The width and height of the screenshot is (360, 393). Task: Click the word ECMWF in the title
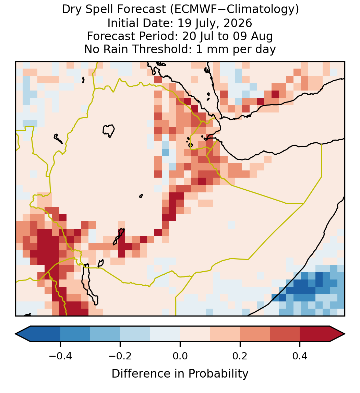pyautogui.click(x=191, y=10)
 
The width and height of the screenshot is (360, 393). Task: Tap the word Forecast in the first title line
pyautogui.click(x=141, y=10)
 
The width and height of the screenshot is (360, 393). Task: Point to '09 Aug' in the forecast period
pyautogui.click(x=253, y=37)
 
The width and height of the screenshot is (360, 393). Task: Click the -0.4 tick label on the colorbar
pyautogui.click(x=60, y=356)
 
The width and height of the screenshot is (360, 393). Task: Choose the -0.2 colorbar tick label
pyautogui.click(x=120, y=356)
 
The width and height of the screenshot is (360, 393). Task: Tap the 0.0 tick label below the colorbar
pyautogui.click(x=180, y=356)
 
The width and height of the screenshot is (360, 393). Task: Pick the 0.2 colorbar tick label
pyautogui.click(x=240, y=356)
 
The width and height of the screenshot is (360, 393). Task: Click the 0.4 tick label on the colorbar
pyautogui.click(x=300, y=356)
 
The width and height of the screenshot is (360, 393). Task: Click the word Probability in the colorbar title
pyautogui.click(x=218, y=374)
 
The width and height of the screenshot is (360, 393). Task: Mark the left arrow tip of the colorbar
pyautogui.click(x=15, y=334)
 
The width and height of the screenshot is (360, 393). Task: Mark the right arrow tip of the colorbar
pyautogui.click(x=345, y=334)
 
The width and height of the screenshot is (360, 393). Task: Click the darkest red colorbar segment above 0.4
pyautogui.click(x=315, y=334)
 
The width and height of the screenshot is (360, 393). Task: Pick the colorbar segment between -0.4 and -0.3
pyautogui.click(x=75, y=334)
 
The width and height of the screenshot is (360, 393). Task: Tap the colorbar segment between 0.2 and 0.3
pyautogui.click(x=255, y=334)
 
